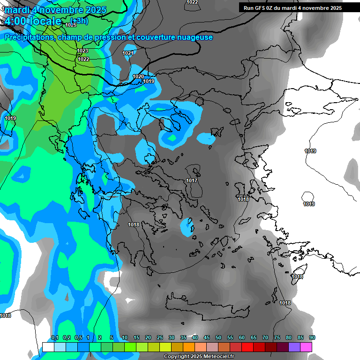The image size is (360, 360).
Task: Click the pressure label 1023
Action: click(82, 51)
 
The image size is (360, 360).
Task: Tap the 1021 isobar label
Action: click(128, 53)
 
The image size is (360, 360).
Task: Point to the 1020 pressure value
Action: click(138, 76)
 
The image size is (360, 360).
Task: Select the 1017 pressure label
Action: click(192, 181)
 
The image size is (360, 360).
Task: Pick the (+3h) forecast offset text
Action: click(78, 21)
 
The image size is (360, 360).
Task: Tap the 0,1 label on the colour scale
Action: click(54, 338)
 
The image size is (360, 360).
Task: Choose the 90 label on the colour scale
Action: click(312, 338)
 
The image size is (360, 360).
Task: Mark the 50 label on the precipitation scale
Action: click(218, 338)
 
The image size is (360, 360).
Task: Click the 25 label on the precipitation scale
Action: click(160, 338)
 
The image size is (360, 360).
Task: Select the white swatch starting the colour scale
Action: click(48, 347)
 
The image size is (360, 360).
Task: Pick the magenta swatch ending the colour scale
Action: click(306, 347)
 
